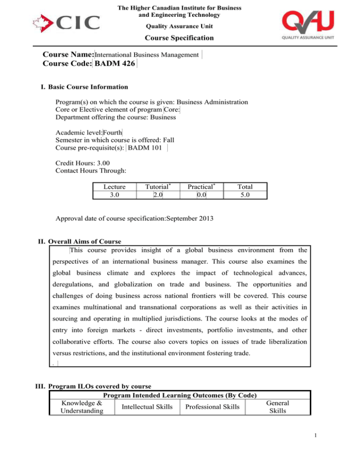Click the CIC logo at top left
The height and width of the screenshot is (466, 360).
pos(66,22)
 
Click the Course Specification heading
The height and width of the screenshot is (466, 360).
pos(180,38)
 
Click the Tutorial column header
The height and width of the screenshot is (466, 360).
pos(157,187)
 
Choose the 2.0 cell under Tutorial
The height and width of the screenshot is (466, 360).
pos(157,194)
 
